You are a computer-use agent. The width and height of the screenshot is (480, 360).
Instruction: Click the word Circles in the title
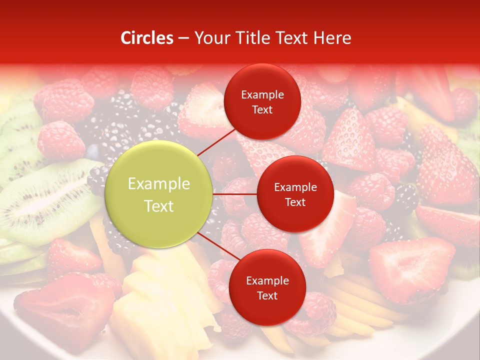point(146,38)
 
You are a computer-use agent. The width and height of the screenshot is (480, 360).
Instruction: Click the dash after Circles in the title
point(183,38)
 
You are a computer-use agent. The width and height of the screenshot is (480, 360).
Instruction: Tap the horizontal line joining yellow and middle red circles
point(235,194)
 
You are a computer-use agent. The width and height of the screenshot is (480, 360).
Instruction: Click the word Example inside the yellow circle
point(159,184)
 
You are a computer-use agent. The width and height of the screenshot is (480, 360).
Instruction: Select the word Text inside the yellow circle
point(159,206)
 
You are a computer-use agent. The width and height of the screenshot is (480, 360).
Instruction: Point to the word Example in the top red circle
point(262,95)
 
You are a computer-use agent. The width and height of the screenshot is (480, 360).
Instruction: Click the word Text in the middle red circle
point(295,202)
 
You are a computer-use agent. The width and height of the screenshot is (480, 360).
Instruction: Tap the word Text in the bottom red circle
point(267,295)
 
